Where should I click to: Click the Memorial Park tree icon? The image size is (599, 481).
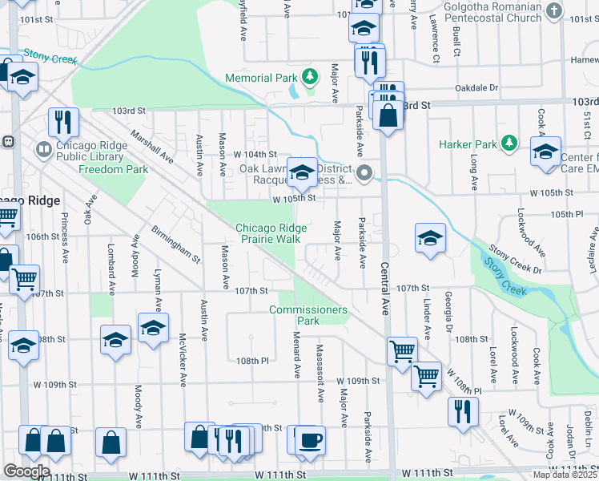click(x=309, y=78)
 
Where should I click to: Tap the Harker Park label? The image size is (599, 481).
click(x=468, y=145)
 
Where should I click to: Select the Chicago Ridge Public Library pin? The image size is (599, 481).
click(x=44, y=148)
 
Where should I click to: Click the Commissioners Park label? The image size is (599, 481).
click(x=308, y=315)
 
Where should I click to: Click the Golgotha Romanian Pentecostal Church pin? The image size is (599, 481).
click(x=553, y=11)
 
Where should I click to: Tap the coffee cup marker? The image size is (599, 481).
click(x=311, y=441)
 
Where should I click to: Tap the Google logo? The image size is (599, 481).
click(x=26, y=471)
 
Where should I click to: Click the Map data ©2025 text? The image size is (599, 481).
click(x=565, y=475)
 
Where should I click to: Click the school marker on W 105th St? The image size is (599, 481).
click(x=302, y=172)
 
